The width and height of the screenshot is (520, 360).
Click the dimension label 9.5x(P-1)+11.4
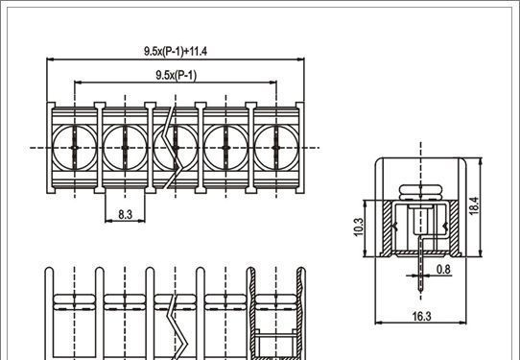tap(176, 52)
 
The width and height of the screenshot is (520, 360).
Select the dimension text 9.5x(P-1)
tap(177, 75)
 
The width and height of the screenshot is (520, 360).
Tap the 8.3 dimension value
tap(126, 215)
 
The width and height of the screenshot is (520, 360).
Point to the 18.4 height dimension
tap(474, 206)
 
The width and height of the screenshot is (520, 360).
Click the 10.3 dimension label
tap(359, 228)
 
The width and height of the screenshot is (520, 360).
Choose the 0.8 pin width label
tap(443, 269)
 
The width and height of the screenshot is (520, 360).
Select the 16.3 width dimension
tap(421, 316)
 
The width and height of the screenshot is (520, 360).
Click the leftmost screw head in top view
tap(75, 148)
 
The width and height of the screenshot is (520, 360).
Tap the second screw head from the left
tap(125, 148)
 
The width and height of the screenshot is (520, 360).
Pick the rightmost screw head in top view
tap(276, 148)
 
